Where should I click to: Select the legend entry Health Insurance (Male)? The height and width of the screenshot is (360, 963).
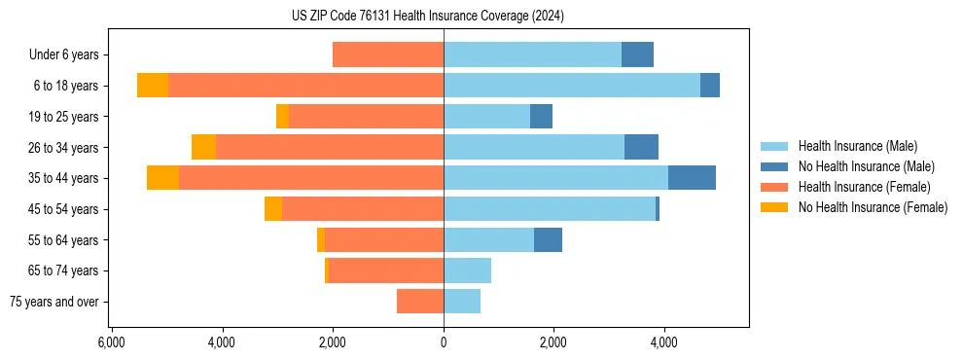(x=857, y=146)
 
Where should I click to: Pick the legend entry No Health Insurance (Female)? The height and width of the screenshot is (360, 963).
(x=873, y=207)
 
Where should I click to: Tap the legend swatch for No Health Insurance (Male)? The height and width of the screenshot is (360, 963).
(x=776, y=166)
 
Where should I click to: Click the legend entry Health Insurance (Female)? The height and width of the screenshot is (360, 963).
(x=864, y=187)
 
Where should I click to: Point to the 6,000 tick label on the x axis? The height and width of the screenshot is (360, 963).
(x=111, y=342)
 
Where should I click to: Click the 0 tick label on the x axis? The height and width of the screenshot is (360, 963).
(x=444, y=342)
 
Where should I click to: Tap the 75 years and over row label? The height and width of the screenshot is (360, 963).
(x=54, y=302)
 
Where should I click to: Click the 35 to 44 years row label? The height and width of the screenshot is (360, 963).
(x=63, y=178)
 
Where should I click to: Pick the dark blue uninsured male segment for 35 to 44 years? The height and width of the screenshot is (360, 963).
(x=692, y=178)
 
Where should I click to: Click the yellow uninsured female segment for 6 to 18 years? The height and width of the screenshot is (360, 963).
(x=153, y=86)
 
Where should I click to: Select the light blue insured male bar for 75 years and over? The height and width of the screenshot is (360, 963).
(x=462, y=302)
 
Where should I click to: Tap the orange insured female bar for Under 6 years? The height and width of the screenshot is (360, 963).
(x=388, y=55)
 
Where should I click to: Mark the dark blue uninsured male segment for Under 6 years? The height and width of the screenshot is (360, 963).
(x=637, y=55)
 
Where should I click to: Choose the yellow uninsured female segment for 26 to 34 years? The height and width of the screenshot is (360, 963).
(x=203, y=147)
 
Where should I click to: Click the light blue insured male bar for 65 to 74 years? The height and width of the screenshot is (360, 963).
(x=467, y=270)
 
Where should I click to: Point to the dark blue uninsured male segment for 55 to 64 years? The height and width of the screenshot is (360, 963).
(x=548, y=239)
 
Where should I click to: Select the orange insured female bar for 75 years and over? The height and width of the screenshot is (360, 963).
(x=420, y=302)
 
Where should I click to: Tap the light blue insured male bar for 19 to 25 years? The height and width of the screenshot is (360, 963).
(x=486, y=117)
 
